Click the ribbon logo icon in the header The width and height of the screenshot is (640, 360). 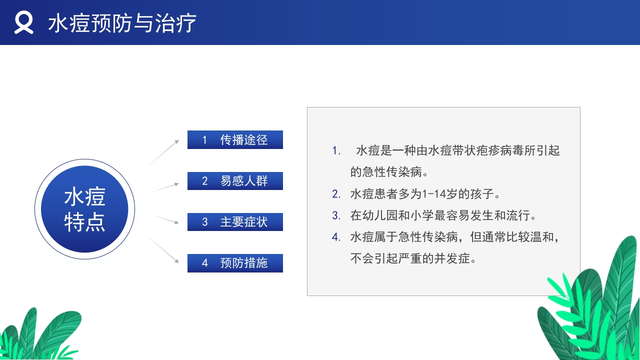click(x=23, y=23)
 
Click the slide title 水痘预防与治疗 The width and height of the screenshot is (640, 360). click(x=122, y=23)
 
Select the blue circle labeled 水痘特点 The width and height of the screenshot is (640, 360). click(x=84, y=209)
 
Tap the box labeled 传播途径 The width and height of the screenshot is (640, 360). click(x=235, y=139)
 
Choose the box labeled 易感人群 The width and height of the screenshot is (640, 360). click(x=235, y=181)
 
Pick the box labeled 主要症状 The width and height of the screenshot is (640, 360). click(x=235, y=222)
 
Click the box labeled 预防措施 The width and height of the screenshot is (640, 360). click(x=235, y=263)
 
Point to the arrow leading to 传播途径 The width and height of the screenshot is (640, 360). click(x=163, y=153)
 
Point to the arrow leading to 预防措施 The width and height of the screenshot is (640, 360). click(x=164, y=249)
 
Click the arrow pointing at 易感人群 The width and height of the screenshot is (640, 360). click(x=165, y=187)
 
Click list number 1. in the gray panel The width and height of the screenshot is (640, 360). click(x=336, y=150)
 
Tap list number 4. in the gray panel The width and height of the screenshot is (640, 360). click(x=336, y=237)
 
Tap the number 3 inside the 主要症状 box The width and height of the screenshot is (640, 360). click(x=204, y=222)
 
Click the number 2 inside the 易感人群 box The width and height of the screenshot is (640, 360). click(x=204, y=181)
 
